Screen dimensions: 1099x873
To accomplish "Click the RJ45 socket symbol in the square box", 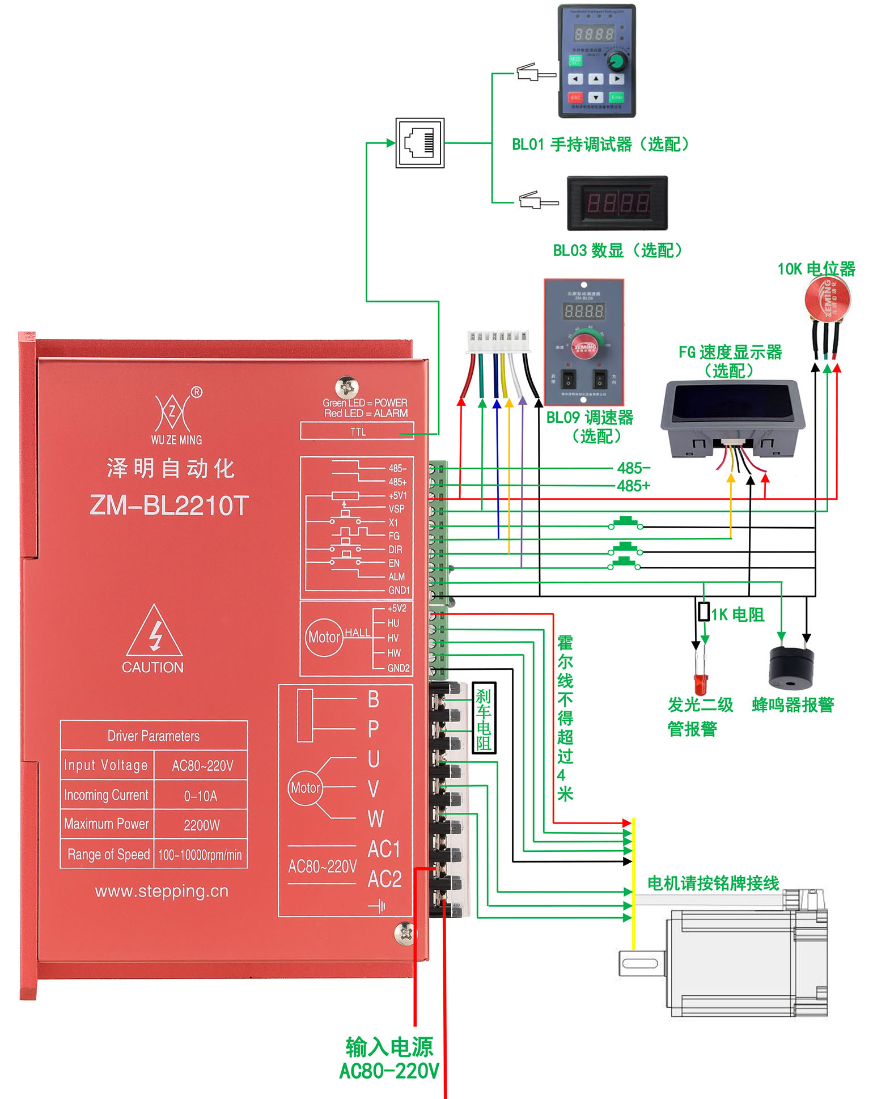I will [419, 143].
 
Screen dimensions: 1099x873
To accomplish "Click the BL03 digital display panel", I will [617, 203].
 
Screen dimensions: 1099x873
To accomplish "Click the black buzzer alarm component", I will [791, 667].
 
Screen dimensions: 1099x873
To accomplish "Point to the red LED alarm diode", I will [701, 684].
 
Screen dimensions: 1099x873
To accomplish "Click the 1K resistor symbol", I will [704, 612].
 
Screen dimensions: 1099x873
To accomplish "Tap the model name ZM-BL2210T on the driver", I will [169, 506].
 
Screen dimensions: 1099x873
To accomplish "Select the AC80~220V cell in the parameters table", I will [202, 766].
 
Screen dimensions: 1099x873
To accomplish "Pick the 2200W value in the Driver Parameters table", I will [201, 825].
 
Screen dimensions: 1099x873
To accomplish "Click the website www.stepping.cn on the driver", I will [162, 891].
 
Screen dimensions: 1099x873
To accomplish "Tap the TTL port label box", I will [357, 432].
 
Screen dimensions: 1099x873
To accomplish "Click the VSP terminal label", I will [396, 509].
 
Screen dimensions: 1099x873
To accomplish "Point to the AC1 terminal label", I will [384, 849].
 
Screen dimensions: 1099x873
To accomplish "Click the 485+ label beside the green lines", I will [633, 486].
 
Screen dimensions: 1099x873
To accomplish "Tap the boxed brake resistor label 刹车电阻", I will [484, 718].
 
